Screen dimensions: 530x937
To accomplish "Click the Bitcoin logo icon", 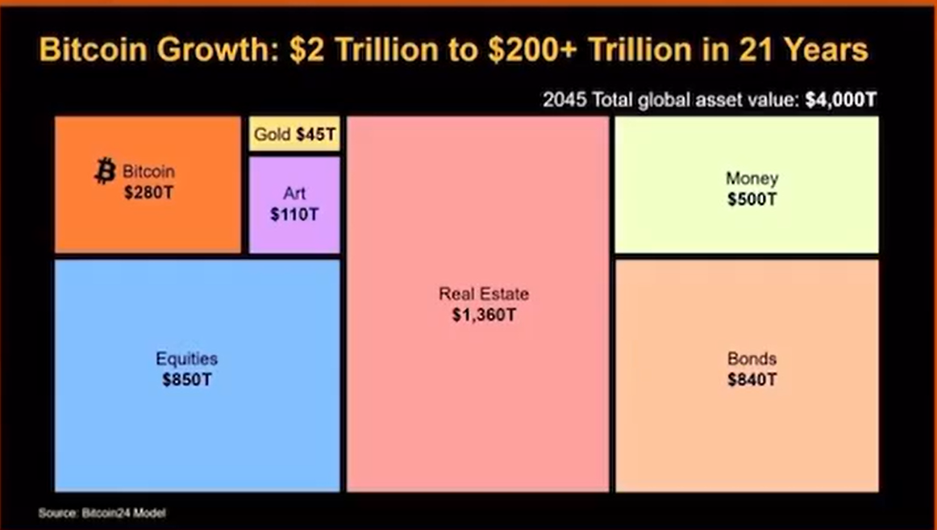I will (x=105, y=171).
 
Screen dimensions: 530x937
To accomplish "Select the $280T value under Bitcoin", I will (x=149, y=193).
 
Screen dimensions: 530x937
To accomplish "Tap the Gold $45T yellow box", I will (x=294, y=134).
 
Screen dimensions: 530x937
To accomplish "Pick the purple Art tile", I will (x=294, y=234).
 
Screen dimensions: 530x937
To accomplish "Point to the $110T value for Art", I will (x=294, y=215).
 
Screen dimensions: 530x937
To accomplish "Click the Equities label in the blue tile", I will (x=186, y=359).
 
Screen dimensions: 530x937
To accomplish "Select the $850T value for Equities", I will (x=186, y=379).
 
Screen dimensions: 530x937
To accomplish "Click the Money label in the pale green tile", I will (x=752, y=178).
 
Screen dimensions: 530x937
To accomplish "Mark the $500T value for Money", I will (x=752, y=199).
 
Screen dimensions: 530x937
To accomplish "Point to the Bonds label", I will (x=752, y=359).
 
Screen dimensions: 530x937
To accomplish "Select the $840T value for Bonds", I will (x=752, y=379).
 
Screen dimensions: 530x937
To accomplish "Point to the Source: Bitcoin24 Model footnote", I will (x=102, y=513).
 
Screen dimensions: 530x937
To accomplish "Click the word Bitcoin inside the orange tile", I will (x=148, y=172).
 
